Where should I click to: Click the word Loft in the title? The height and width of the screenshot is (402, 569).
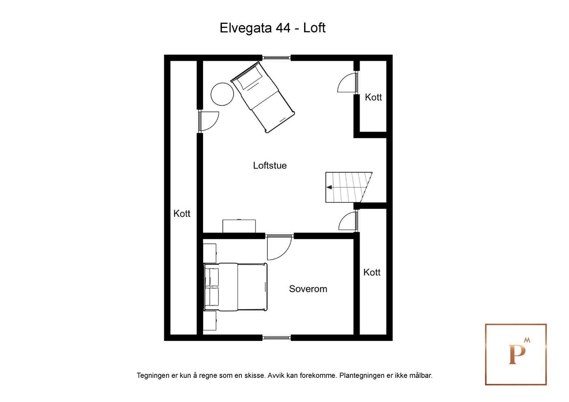[314, 28]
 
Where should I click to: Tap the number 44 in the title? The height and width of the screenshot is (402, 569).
[283, 28]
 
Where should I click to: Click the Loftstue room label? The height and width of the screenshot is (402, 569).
[270, 165]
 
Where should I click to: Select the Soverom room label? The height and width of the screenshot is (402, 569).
[308, 289]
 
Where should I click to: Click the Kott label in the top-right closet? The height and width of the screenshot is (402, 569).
[373, 97]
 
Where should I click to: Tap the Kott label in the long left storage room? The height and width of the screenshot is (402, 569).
[182, 213]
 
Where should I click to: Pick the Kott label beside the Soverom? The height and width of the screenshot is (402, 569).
[372, 272]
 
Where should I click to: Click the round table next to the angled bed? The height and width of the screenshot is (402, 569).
[222, 94]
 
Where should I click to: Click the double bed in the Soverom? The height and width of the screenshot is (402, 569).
[235, 287]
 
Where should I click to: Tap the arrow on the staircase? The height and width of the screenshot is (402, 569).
[329, 187]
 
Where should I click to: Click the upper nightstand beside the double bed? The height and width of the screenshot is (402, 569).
[209, 253]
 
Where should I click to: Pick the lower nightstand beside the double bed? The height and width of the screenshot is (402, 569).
[209, 321]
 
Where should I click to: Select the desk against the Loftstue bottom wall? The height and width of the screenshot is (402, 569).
[239, 226]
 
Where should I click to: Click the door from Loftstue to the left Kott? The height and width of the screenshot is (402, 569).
[209, 121]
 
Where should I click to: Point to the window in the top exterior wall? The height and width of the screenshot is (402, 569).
[276, 58]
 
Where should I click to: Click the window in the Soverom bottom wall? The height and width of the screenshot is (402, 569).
[276, 338]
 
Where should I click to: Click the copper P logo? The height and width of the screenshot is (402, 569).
[516, 354]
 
